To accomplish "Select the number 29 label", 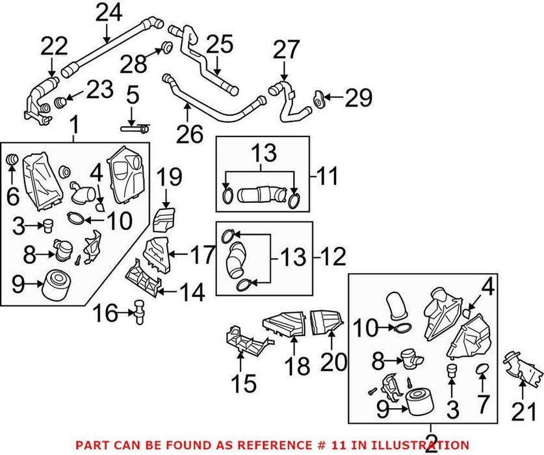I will pyautogui.click(x=358, y=97).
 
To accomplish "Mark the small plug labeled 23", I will pyautogui.click(x=60, y=101).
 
